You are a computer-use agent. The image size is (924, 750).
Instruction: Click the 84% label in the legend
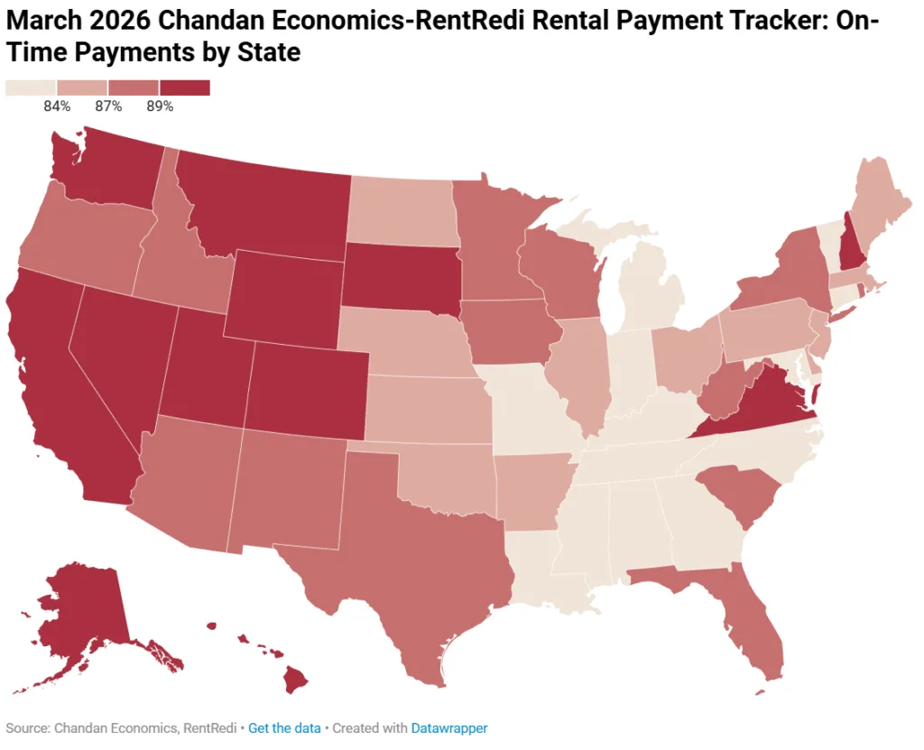click(57, 106)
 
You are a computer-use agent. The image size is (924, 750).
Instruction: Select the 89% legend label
click(160, 106)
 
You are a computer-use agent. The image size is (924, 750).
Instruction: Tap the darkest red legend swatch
click(185, 88)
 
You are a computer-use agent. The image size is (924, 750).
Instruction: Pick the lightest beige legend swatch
click(31, 88)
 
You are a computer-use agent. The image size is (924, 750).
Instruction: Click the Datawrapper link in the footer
click(449, 727)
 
